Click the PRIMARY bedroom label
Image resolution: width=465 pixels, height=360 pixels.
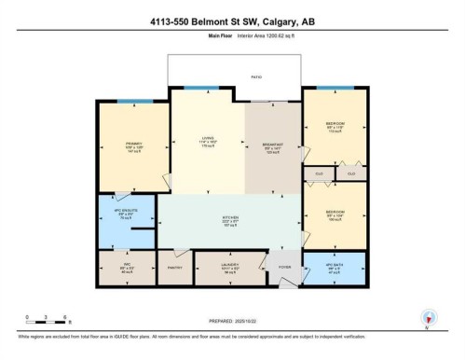(x=133, y=145)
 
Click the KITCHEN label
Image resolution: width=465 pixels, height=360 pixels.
(x=228, y=222)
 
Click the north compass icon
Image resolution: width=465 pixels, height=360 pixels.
(x=427, y=318)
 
